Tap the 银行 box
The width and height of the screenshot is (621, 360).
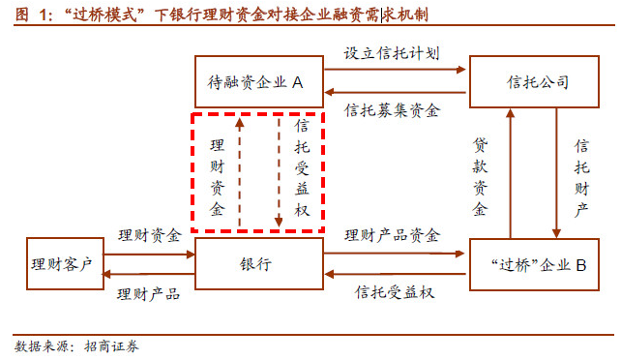tap(257, 264)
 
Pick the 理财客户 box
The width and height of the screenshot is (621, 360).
tap(61, 264)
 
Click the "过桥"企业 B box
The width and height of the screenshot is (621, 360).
tap(530, 264)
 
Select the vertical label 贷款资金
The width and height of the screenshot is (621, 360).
tap(481, 176)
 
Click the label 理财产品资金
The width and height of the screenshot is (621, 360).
tap(392, 235)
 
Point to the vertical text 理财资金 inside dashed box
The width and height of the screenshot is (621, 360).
tap(217, 174)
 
